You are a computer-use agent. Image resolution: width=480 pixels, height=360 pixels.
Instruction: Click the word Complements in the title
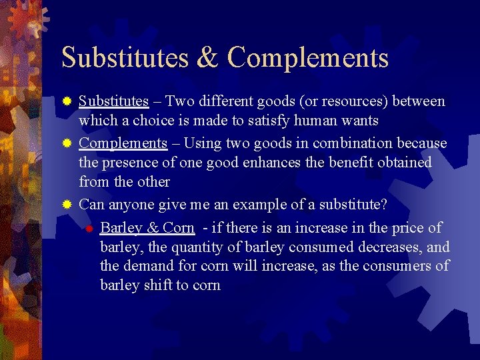(308, 59)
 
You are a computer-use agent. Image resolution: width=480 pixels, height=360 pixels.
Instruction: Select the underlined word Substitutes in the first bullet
(113, 101)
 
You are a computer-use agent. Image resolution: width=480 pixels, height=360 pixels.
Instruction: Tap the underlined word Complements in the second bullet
(123, 143)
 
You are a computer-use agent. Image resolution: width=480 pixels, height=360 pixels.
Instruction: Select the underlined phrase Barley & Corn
(147, 228)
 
